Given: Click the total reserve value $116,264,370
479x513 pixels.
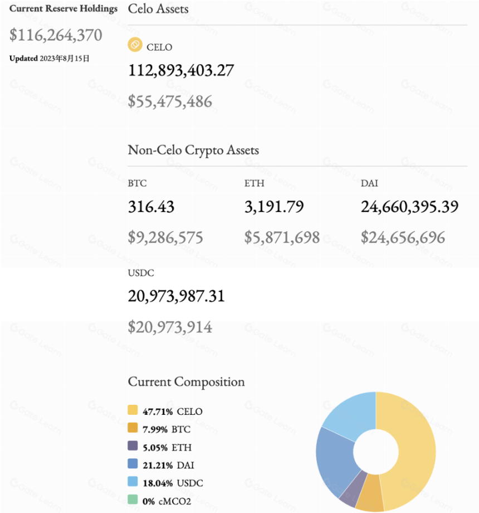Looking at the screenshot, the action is tap(56, 35).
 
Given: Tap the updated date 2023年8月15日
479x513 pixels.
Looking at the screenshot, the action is tap(65, 59).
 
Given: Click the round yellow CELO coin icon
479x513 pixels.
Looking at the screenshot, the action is tap(135, 45).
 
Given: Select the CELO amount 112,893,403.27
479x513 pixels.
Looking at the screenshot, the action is tap(181, 70).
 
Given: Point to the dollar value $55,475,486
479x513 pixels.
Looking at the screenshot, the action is tap(170, 101).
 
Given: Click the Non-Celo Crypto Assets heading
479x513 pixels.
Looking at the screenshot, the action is tap(193, 150).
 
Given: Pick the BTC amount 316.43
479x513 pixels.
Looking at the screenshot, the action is tap(151, 207).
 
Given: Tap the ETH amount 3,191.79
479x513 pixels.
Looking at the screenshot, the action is tap(274, 207).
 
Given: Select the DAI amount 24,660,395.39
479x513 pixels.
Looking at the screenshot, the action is tap(410, 207).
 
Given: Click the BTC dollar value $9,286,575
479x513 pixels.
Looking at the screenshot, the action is tap(165, 238).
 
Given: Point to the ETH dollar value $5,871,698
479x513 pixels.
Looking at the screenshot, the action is tap(282, 238).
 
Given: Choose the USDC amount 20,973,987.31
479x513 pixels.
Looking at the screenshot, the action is tap(177, 296).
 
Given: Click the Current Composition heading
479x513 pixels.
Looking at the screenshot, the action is tap(186, 382).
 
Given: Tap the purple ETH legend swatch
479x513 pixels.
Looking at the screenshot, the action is tap(133, 446).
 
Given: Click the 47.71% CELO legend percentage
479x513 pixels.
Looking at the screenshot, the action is tap(158, 412).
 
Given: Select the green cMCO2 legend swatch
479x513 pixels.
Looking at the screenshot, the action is tap(133, 499).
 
